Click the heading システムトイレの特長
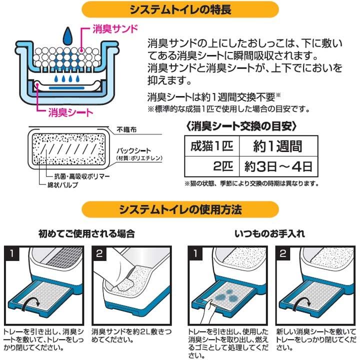point(179,9)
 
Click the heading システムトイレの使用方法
point(179,209)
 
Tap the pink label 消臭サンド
point(115,28)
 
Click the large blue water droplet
point(66,36)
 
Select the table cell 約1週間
point(277,146)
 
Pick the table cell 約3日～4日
point(277,165)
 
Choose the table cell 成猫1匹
point(210,146)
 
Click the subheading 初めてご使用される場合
point(86,233)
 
